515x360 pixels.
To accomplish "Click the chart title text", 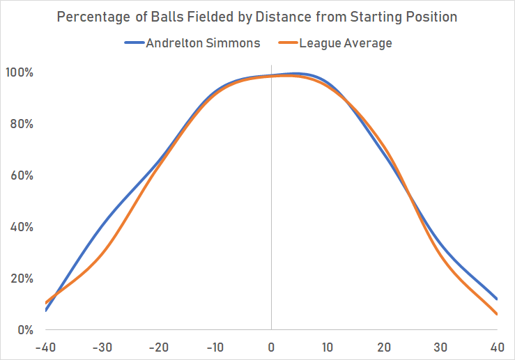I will point(257,16).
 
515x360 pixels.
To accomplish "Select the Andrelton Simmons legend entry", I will point(192,43).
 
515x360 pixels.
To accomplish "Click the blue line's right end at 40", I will point(497,299).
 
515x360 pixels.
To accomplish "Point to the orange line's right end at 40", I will point(497,314).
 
